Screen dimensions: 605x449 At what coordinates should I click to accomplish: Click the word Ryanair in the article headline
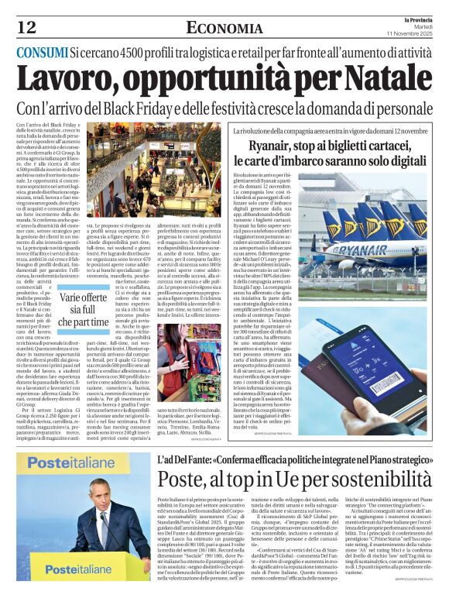[274, 148]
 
